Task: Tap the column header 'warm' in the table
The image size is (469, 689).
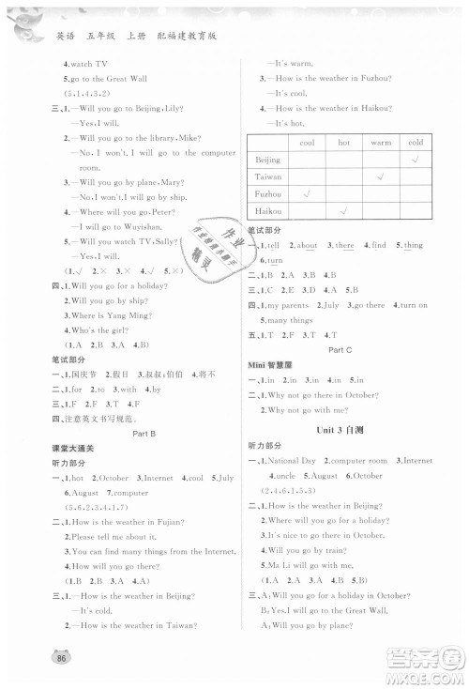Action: [380, 142]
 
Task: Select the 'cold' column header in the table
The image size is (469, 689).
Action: [416, 142]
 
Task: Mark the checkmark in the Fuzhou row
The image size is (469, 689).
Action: [307, 194]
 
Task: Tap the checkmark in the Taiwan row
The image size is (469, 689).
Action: [380, 177]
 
